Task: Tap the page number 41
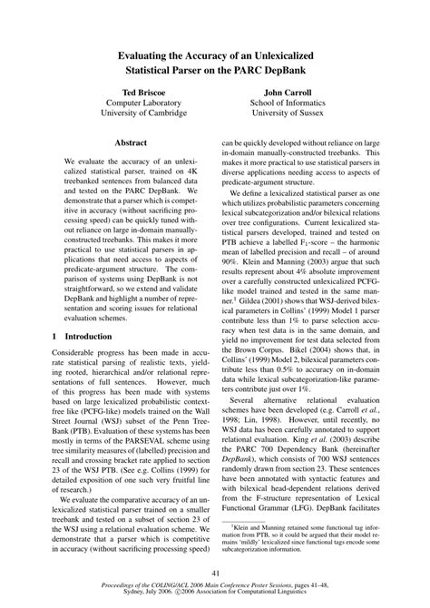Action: [215, 573]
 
